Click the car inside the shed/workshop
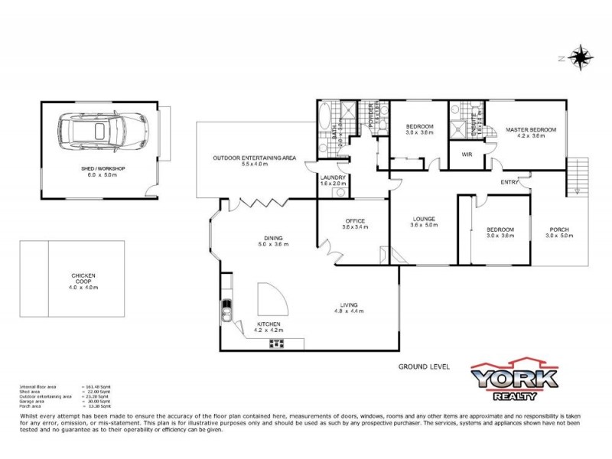pos(100,132)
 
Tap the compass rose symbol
pos(582,57)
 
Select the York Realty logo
pos(512,380)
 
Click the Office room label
pos(354,221)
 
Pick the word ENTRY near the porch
pos(509,182)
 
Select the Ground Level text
pos(419,366)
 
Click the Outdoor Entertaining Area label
pos(255,158)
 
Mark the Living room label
pos(346,305)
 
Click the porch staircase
pos(578,174)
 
